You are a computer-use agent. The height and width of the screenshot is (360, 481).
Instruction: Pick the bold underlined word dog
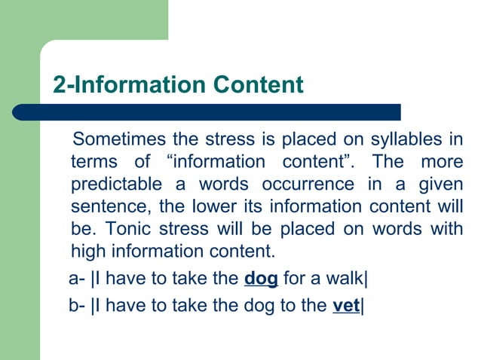[x=262, y=279]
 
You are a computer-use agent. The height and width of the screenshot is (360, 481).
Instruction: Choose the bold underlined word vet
[x=346, y=307]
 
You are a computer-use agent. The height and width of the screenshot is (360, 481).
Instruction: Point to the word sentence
[x=105, y=206]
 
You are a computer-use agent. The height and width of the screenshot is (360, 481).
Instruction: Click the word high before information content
[x=88, y=250]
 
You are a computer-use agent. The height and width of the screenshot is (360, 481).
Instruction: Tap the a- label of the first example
[x=76, y=279]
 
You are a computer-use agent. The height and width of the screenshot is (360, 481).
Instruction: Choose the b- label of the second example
[x=76, y=307]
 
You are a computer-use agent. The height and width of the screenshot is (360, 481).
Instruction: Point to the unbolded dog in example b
[x=262, y=307]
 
